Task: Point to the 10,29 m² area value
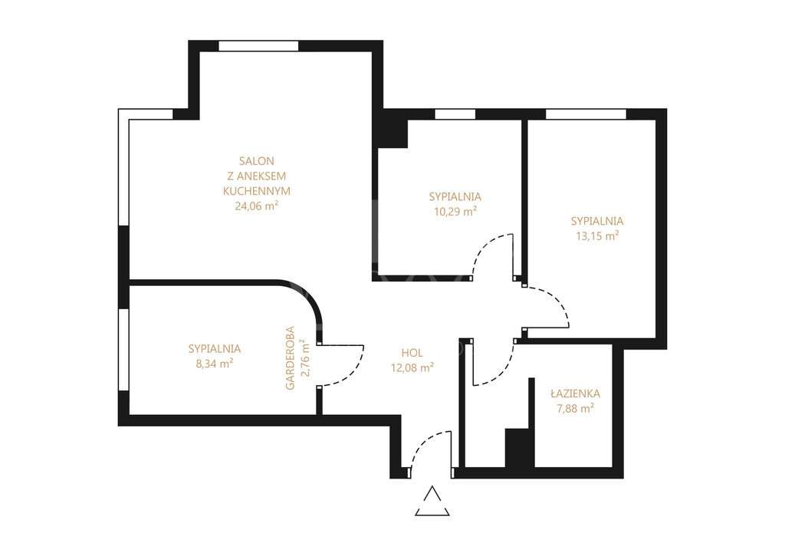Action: point(455,210)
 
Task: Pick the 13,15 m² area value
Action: point(597,236)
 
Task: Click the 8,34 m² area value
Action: point(215,364)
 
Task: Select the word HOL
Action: point(412,353)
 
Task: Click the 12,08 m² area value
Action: point(412,367)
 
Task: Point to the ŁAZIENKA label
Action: point(575,393)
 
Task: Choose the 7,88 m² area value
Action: point(575,409)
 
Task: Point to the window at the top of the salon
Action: point(258,46)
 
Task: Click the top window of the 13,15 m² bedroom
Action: point(586,114)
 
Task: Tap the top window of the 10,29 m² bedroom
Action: point(455,114)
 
